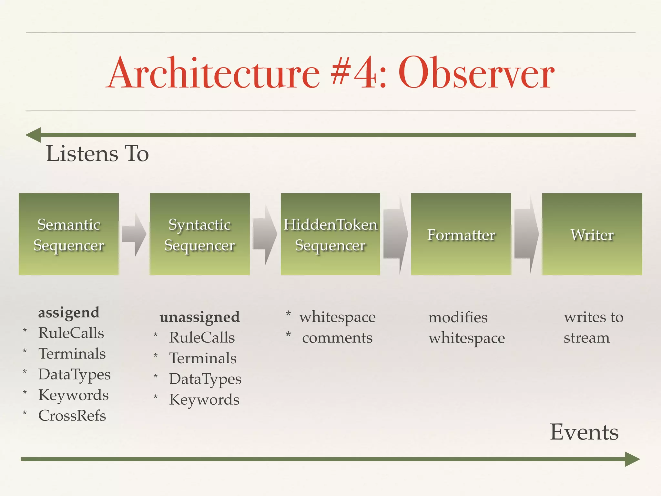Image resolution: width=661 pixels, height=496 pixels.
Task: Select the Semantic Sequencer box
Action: pyautogui.click(x=69, y=234)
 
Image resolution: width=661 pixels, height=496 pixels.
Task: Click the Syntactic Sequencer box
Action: pyautogui.click(x=199, y=234)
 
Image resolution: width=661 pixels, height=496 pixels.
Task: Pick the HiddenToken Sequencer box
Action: pyautogui.click(x=330, y=234)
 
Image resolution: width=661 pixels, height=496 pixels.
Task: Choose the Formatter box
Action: pyautogui.click(x=461, y=234)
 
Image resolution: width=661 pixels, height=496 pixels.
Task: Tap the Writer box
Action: pyautogui.click(x=592, y=234)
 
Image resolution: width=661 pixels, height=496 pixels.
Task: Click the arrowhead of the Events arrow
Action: pyautogui.click(x=632, y=459)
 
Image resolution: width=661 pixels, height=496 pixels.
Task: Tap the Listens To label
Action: pyautogui.click(x=97, y=153)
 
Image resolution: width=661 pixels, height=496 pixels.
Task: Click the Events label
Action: pyautogui.click(x=584, y=432)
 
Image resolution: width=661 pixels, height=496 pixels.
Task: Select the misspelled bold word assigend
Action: pyautogui.click(x=69, y=312)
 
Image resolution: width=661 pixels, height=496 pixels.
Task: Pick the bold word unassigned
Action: pyautogui.click(x=199, y=317)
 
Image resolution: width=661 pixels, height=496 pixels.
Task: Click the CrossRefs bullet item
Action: pyautogui.click(x=72, y=416)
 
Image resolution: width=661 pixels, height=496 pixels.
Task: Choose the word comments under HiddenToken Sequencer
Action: pyautogui.click(x=337, y=338)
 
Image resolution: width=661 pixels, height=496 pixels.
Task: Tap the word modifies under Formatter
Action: pyautogui.click(x=458, y=317)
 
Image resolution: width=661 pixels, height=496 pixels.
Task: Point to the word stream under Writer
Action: pyautogui.click(x=586, y=338)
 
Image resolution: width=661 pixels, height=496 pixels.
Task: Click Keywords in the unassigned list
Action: pyautogui.click(x=204, y=400)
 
